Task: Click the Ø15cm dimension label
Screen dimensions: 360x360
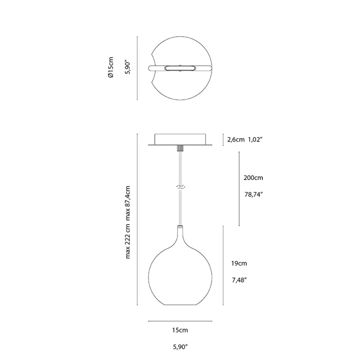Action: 111,68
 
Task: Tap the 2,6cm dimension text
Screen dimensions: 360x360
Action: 235,139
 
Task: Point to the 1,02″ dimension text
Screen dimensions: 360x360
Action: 254,139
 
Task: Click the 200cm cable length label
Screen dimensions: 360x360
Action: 253,178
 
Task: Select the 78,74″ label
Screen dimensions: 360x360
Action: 253,195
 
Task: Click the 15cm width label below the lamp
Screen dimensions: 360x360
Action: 180,330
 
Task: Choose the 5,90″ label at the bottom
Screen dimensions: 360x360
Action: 180,347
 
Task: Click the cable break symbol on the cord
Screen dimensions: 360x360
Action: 180,186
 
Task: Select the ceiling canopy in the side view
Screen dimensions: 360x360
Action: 180,139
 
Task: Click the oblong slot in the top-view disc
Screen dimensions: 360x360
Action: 180,68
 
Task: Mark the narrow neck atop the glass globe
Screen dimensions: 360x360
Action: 180,234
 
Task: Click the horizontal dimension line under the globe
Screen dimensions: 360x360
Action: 180,321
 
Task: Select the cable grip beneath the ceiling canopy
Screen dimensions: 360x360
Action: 180,148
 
